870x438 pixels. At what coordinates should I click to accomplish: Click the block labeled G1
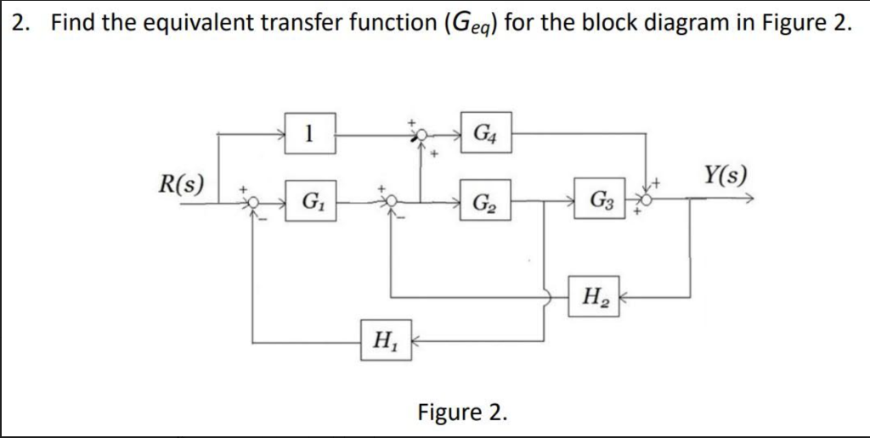[x=310, y=204]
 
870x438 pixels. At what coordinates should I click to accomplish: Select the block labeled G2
[x=486, y=204]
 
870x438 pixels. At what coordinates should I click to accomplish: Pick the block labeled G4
[x=486, y=133]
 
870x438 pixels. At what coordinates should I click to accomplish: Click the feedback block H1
[x=386, y=342]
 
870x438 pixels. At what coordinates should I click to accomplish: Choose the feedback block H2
[x=593, y=298]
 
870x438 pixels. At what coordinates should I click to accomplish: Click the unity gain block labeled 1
[x=310, y=133]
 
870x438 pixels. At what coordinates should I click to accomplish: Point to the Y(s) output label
[x=725, y=176]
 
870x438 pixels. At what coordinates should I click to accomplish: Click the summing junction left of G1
[x=251, y=203]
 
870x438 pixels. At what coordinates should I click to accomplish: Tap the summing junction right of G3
[x=647, y=199]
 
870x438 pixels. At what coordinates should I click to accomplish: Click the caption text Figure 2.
[x=463, y=413]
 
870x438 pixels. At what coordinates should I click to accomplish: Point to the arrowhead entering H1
[x=418, y=343]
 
